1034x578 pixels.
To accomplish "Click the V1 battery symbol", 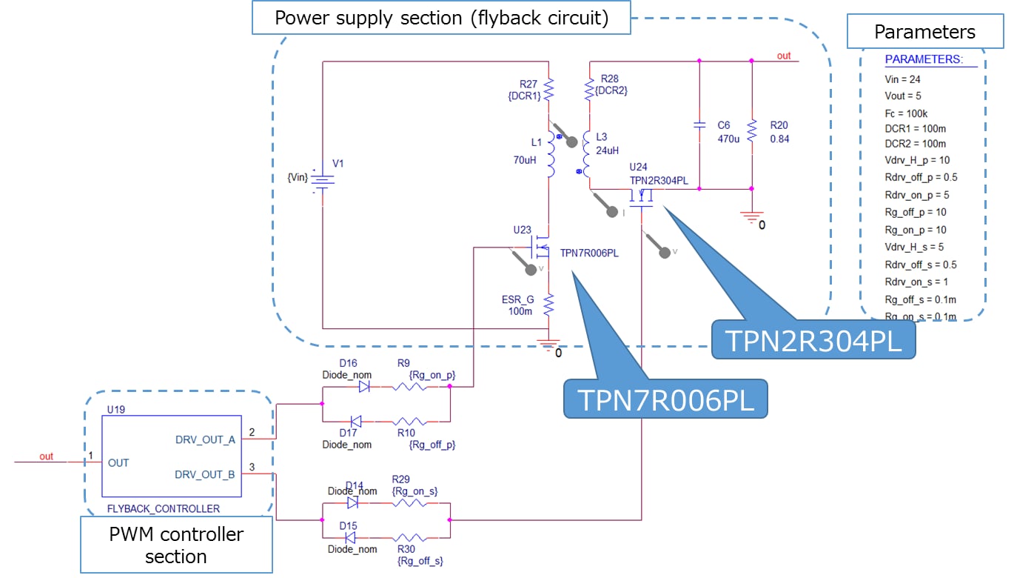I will pos(323,179).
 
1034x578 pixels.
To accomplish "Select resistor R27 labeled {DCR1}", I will pos(548,90).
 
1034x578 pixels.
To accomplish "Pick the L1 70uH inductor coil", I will pos(549,156).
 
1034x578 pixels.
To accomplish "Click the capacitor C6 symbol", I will pos(699,125).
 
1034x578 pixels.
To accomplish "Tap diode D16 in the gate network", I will pos(363,386).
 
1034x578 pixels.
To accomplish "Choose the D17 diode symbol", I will pos(356,421).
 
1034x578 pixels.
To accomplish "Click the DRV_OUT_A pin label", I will pos(204,439).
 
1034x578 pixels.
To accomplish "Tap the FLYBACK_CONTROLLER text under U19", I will pos(164,508).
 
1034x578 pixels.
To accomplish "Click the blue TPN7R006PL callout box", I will pos(665,399).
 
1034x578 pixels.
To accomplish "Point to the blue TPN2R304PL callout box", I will pos(813,340).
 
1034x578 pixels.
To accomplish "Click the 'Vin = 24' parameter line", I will pos(902,79).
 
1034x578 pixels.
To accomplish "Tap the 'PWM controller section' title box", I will pos(176,544).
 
